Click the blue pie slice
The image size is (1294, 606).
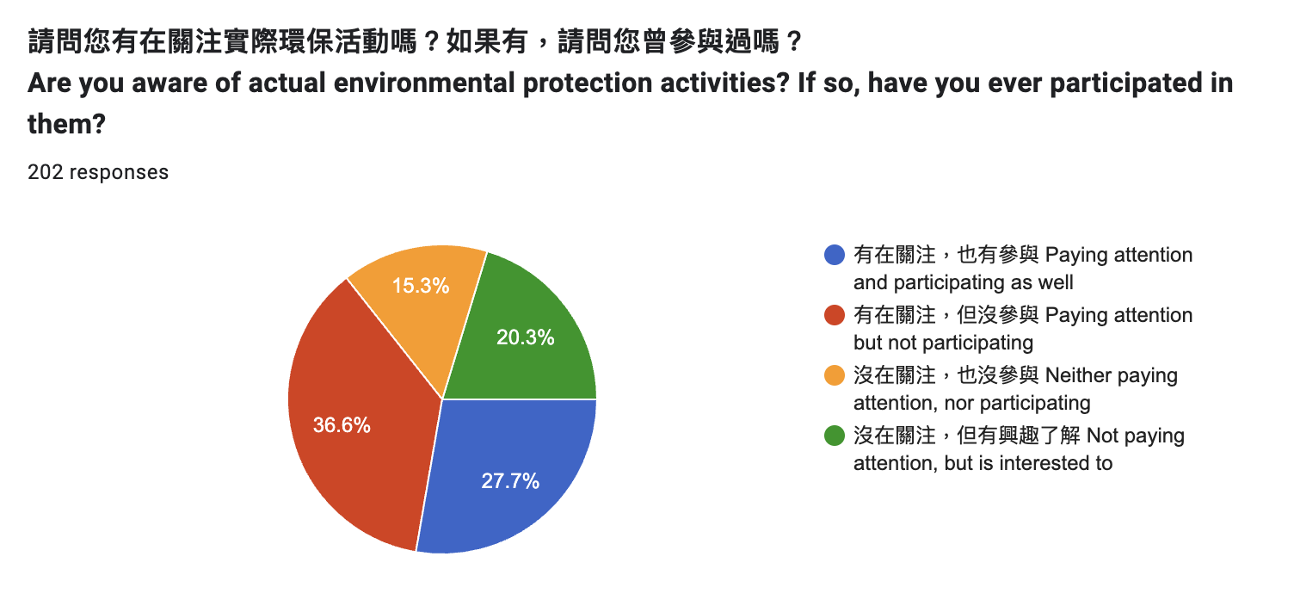(508, 468)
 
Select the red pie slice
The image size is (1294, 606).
(358, 416)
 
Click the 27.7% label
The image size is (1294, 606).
(510, 480)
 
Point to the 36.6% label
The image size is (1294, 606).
(342, 425)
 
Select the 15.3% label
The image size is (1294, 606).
(421, 286)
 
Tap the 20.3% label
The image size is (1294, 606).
(525, 337)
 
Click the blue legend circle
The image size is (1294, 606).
(835, 255)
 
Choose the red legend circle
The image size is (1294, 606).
(835, 315)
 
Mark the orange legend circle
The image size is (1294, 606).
(835, 375)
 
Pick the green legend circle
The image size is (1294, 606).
(835, 435)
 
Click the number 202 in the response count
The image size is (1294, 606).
(45, 172)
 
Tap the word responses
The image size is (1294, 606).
(119, 173)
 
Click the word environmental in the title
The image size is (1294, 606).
(424, 83)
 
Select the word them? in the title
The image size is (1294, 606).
(66, 124)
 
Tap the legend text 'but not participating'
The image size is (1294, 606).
(943, 343)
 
